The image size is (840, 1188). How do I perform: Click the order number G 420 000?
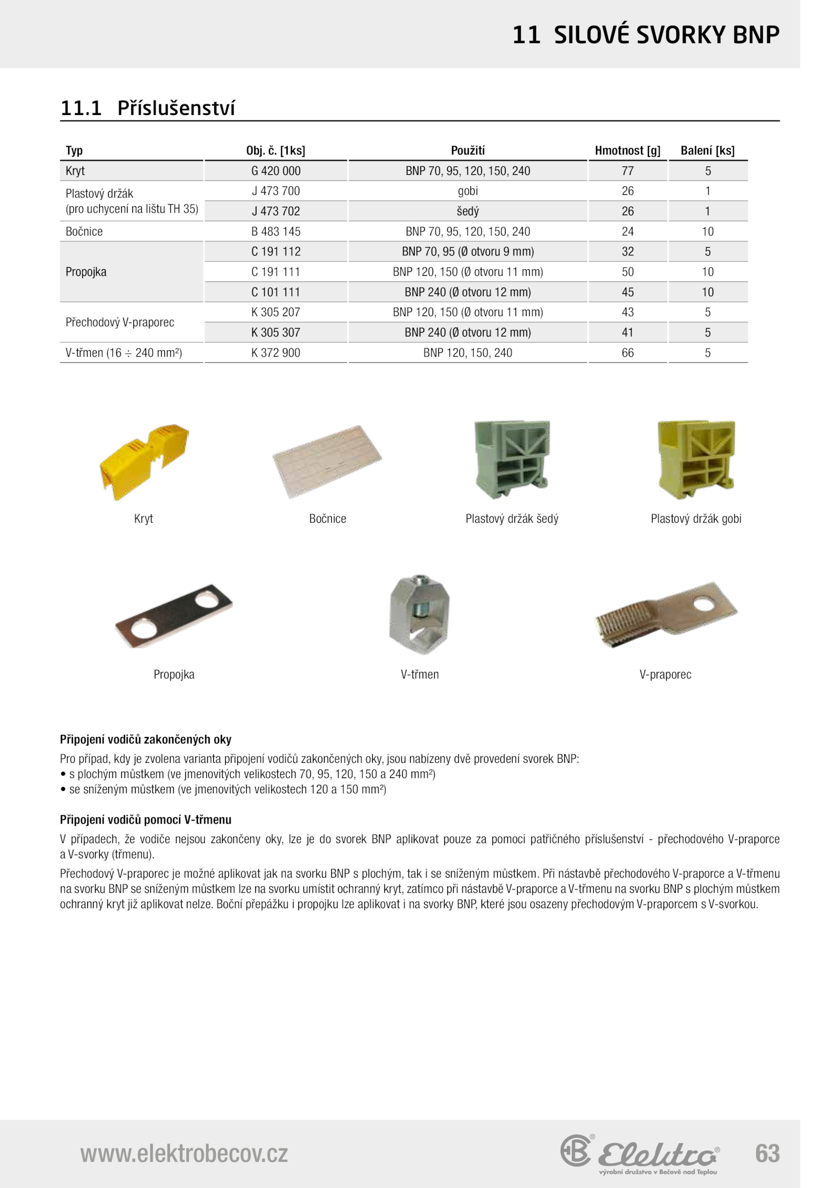tap(276, 171)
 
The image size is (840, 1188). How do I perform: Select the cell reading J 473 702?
tap(276, 212)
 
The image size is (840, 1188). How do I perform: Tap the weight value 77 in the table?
tap(627, 171)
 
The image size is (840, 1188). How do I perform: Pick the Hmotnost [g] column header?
tap(627, 151)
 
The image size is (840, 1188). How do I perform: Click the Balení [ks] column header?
tap(707, 151)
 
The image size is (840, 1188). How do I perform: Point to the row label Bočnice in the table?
tap(84, 232)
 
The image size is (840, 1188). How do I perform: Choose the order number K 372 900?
tap(276, 353)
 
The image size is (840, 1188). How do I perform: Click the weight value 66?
tap(627, 353)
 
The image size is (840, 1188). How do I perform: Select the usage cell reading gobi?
tap(467, 191)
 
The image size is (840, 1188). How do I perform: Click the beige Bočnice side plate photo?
tap(327, 461)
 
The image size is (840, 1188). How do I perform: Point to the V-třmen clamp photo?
tap(419, 614)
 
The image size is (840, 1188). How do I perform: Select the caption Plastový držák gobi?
tap(696, 519)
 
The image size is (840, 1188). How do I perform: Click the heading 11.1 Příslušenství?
tap(148, 108)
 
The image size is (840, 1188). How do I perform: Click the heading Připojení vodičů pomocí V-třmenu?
tap(145, 819)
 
